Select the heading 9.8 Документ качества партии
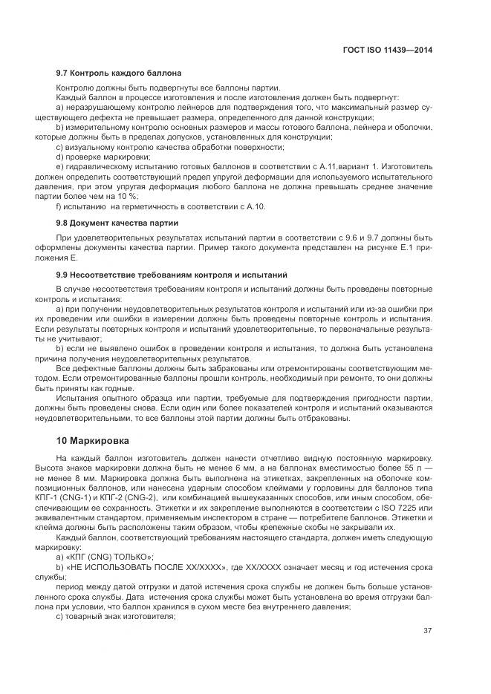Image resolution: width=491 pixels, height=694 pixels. (117, 223)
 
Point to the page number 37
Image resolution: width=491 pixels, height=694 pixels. (427, 631)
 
